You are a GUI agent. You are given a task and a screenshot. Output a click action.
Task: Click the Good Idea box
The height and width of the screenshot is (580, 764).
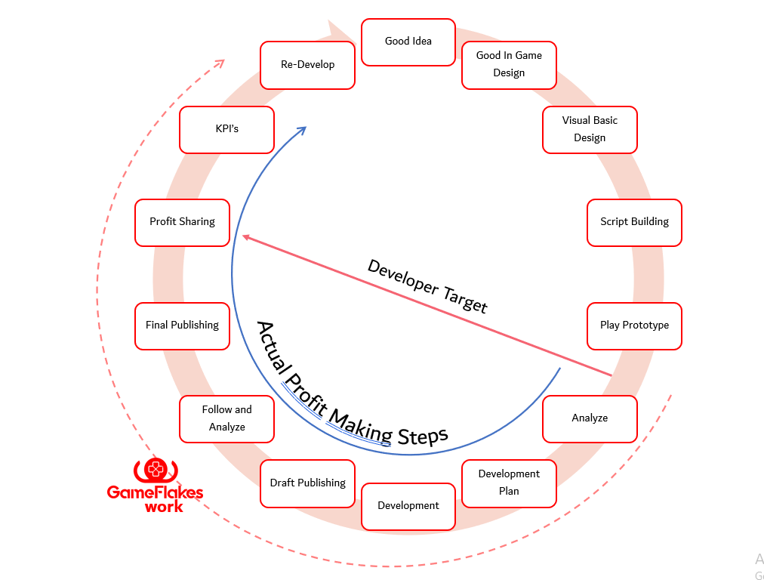[408, 42]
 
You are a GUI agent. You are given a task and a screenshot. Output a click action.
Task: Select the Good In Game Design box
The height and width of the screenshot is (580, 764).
[509, 65]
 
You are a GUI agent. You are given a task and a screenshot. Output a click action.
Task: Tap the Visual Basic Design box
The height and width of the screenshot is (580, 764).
[590, 130]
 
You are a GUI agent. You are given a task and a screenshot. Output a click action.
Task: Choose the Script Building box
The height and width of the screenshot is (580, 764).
[634, 222]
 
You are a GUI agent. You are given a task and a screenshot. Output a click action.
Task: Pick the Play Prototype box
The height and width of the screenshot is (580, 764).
[634, 325]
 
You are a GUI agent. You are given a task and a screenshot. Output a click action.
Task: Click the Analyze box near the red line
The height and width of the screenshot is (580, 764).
[590, 418]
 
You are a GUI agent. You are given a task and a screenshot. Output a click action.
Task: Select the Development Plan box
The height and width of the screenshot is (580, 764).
[509, 483]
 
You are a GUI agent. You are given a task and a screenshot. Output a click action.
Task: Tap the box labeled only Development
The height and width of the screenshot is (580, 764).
[408, 506]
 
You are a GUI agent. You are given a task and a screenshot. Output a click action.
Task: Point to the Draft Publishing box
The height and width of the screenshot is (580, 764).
[307, 483]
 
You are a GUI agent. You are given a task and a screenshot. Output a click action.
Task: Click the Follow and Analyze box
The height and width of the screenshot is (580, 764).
[226, 418]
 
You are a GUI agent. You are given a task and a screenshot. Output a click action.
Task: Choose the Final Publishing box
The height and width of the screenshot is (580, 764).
[182, 325]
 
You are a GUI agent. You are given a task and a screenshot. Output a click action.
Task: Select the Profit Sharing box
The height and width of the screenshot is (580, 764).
[182, 222]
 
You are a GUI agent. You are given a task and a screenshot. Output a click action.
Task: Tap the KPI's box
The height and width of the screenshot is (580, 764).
[226, 129]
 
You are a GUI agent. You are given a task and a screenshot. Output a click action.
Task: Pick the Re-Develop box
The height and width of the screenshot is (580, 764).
[307, 65]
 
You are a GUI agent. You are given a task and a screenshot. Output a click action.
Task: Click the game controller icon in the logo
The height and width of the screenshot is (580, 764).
[156, 470]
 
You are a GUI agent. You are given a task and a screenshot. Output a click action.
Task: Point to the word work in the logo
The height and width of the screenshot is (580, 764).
[164, 507]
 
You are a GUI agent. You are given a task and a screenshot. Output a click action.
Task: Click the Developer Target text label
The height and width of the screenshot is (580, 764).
[427, 285]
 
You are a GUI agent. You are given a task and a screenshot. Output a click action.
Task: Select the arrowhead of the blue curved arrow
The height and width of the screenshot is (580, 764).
[301, 130]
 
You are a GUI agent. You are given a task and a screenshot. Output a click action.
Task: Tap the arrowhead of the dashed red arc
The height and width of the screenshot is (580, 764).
[220, 63]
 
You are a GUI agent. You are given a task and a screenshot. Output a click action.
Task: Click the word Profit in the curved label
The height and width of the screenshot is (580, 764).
[300, 381]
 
